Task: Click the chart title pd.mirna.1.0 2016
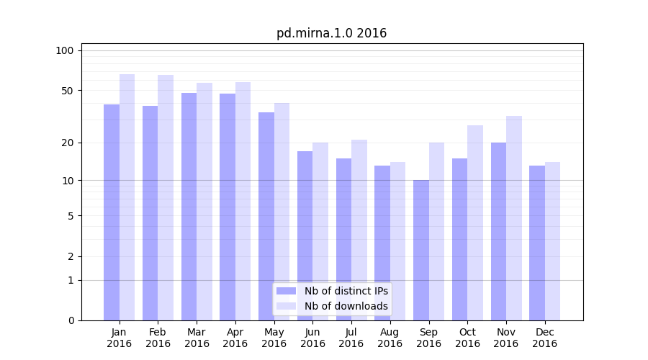(331, 33)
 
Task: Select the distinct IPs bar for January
(112, 212)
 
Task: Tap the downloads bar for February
(166, 198)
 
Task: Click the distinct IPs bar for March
(189, 207)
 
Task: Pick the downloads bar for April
(243, 202)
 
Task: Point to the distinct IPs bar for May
(266, 216)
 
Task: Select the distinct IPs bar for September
(421, 250)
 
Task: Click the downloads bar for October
(475, 223)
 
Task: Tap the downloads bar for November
(514, 218)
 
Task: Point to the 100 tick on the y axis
(65, 50)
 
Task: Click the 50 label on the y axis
(68, 91)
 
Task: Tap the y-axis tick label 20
(68, 143)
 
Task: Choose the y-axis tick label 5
(71, 215)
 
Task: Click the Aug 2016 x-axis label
(390, 338)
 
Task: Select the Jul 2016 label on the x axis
(351, 338)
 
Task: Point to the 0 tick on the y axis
(71, 320)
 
